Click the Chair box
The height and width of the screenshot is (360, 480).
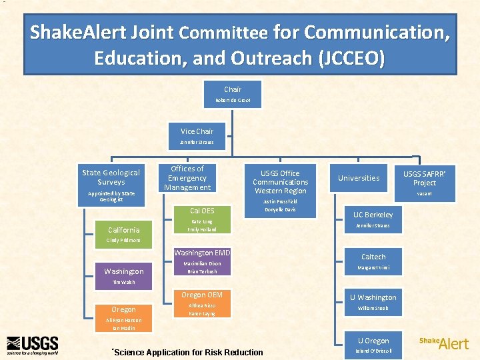tap(233, 94)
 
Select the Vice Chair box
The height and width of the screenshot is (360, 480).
tap(197, 136)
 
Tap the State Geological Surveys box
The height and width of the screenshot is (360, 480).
tap(111, 183)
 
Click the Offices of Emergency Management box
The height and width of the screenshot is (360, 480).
tap(187, 179)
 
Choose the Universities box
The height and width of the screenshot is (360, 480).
tap(359, 178)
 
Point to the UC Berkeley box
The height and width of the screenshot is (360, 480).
tap(373, 219)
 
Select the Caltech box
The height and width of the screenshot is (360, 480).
tap(373, 261)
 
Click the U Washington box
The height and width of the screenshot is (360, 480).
tap(373, 302)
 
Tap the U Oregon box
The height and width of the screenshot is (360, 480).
tap(373, 344)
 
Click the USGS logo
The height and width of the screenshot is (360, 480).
tap(32, 345)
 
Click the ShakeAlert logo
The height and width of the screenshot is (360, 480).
tap(444, 343)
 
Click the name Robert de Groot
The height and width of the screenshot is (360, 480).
tap(233, 101)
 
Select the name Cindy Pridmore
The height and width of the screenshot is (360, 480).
tap(123, 240)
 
